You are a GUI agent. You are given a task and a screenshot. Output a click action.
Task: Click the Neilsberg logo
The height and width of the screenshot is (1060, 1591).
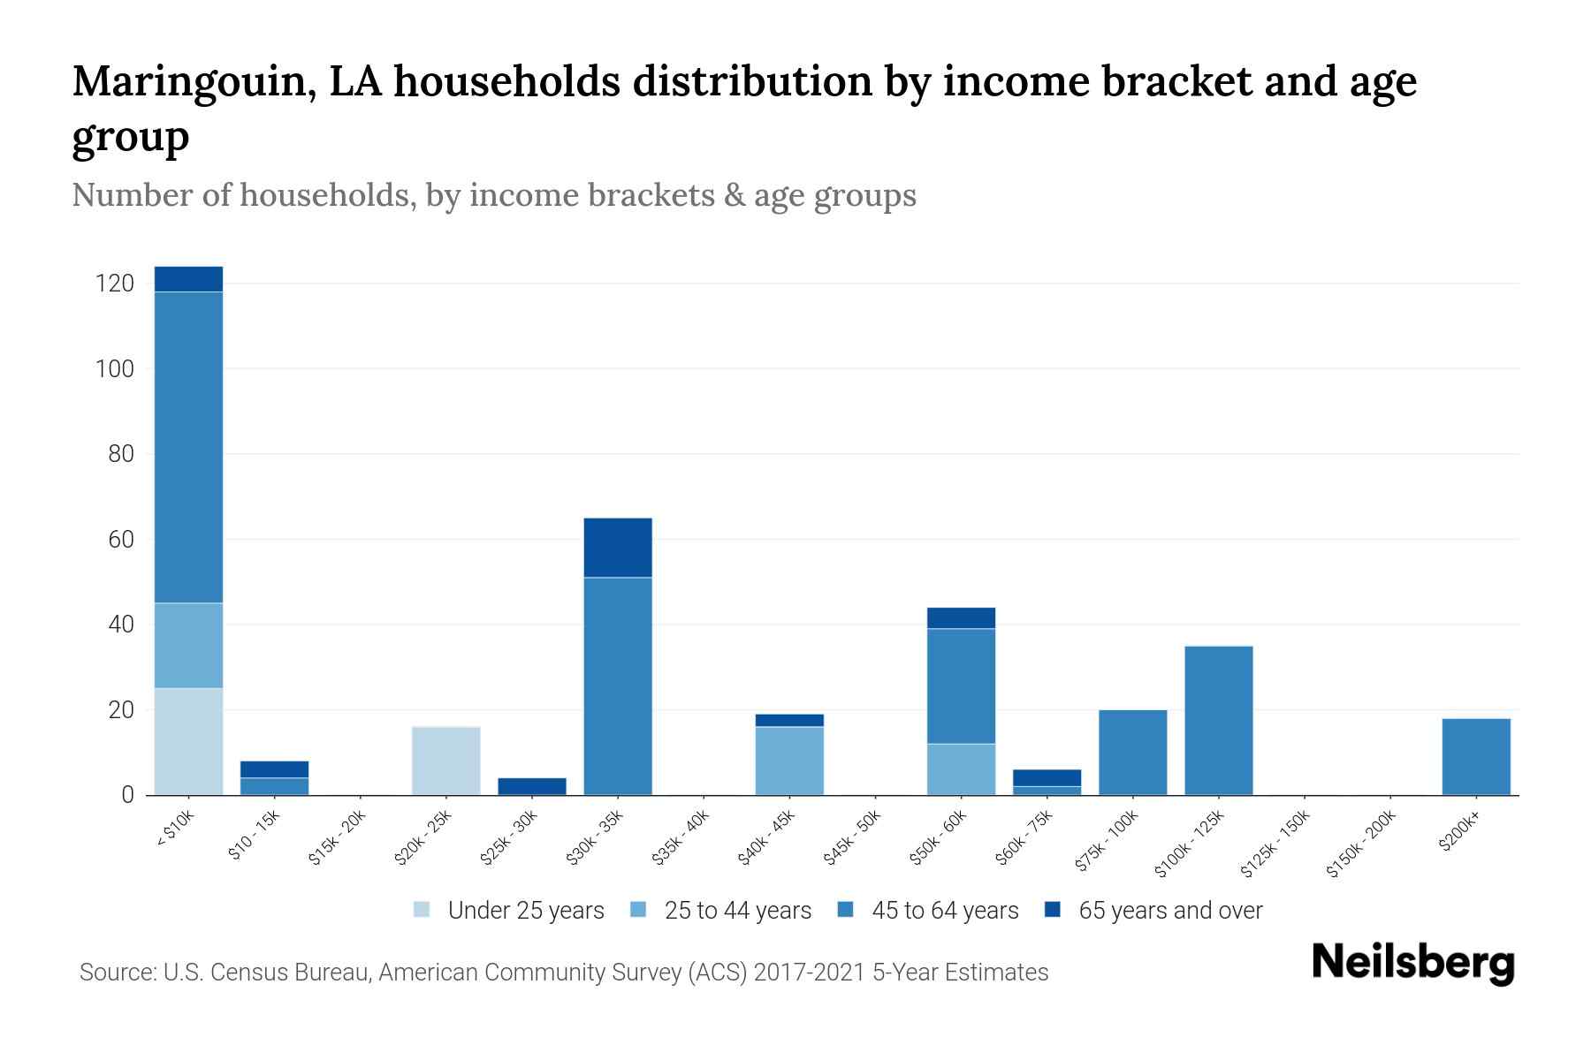tap(1412, 963)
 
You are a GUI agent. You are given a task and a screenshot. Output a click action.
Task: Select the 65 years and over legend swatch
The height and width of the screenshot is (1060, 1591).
tap(1052, 910)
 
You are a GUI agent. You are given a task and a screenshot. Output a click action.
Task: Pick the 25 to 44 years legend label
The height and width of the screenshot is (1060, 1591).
tap(737, 911)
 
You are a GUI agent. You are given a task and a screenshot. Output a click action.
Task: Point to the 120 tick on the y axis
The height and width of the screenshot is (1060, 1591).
tap(114, 284)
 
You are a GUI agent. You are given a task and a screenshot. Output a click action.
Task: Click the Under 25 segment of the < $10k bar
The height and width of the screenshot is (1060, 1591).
tap(188, 741)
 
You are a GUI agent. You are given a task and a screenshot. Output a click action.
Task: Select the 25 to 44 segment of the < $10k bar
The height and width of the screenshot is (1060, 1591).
tap(188, 645)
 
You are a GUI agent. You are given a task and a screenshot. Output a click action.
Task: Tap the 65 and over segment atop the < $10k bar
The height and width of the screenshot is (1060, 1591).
tap(188, 278)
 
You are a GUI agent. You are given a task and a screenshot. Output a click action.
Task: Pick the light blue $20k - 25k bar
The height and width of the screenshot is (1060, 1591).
tap(445, 761)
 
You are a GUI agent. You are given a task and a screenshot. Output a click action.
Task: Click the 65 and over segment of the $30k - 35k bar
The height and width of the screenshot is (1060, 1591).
tap(618, 548)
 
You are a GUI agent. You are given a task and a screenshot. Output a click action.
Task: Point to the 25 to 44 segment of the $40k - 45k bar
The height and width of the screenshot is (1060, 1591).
tap(789, 761)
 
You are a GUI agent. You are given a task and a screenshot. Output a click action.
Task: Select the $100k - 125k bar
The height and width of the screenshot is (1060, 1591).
tap(1218, 721)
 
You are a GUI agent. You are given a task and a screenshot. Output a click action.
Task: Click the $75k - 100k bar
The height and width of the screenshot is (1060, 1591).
tap(1132, 753)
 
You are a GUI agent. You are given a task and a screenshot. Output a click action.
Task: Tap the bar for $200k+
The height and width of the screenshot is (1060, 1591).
tap(1475, 757)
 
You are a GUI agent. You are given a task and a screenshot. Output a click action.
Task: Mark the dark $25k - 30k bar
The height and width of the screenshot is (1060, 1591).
tap(532, 786)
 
